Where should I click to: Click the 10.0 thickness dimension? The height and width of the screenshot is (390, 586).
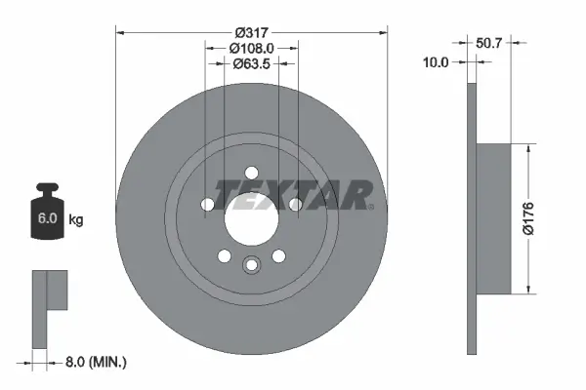[437, 61]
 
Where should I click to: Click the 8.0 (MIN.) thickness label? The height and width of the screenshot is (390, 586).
[95, 363]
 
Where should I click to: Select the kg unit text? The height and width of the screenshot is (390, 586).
[76, 220]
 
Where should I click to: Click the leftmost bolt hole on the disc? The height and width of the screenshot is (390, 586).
[207, 205]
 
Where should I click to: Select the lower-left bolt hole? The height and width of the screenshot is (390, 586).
[224, 256]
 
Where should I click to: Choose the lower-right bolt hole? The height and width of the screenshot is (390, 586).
[278, 256]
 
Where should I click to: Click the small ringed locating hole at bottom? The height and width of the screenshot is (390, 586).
[251, 264]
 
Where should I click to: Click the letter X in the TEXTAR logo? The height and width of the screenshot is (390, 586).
[286, 194]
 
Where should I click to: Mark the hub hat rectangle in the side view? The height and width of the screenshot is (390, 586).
[493, 218]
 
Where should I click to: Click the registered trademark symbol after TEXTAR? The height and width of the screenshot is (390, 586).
[371, 206]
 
